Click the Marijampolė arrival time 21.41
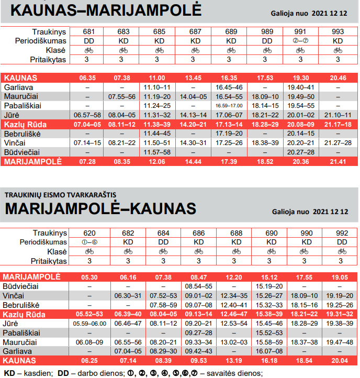[338, 161]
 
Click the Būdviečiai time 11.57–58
[159, 152]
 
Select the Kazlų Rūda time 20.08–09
[301, 124]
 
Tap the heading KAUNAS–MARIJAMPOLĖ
[99, 10]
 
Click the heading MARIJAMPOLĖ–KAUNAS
[100, 209]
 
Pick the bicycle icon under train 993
[338, 50]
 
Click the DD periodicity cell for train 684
[163, 242]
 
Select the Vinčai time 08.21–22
[123, 142]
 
